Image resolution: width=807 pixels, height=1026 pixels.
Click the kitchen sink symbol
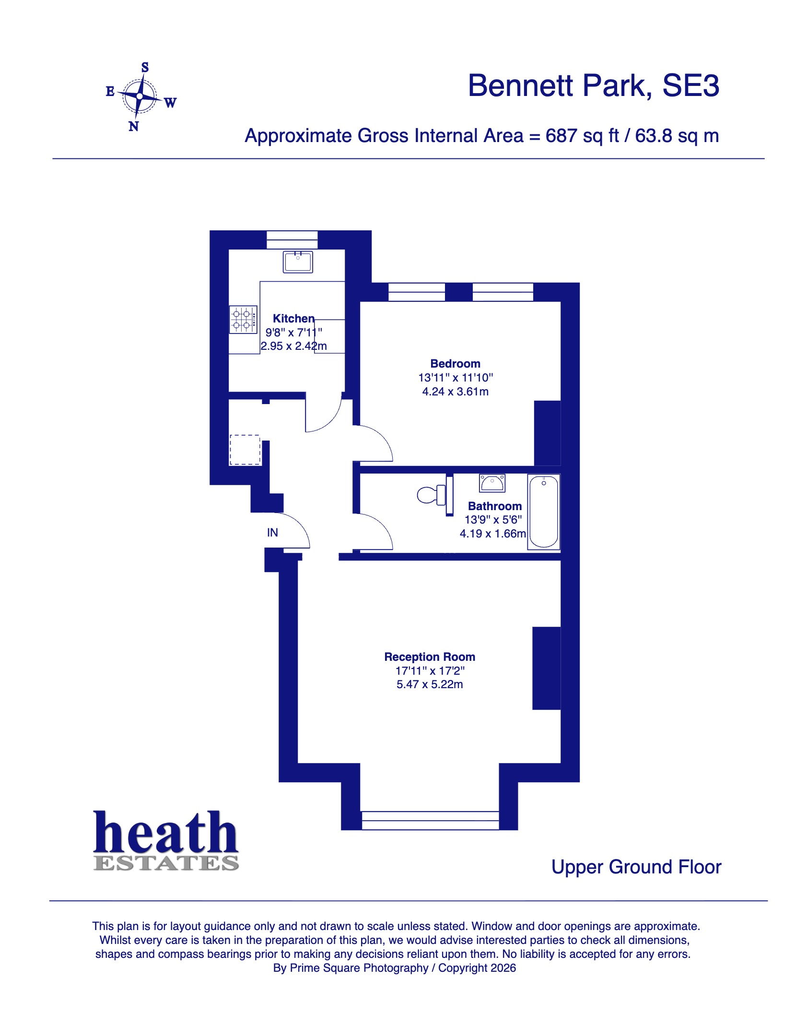(x=297, y=262)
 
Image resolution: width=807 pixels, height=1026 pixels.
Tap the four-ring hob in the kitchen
(x=243, y=320)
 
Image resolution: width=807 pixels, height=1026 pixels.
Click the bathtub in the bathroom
(x=543, y=511)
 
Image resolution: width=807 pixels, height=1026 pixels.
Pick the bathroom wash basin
(x=492, y=483)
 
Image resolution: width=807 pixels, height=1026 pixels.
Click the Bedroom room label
(x=455, y=364)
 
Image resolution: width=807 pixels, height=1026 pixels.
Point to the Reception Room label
(x=429, y=657)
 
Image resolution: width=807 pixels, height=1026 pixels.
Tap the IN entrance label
(x=272, y=533)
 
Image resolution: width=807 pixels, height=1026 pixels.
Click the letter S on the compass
(x=145, y=68)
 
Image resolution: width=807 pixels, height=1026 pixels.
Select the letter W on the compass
(x=170, y=103)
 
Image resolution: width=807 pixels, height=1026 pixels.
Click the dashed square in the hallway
(x=245, y=450)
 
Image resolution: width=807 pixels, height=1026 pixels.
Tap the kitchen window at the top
(x=292, y=239)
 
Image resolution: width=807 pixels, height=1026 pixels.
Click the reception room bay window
(x=430, y=820)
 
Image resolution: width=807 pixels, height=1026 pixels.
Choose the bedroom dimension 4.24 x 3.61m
(x=455, y=392)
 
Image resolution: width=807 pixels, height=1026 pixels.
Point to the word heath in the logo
(x=165, y=833)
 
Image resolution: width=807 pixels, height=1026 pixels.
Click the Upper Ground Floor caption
(x=636, y=867)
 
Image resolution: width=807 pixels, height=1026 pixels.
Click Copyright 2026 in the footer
(x=477, y=968)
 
